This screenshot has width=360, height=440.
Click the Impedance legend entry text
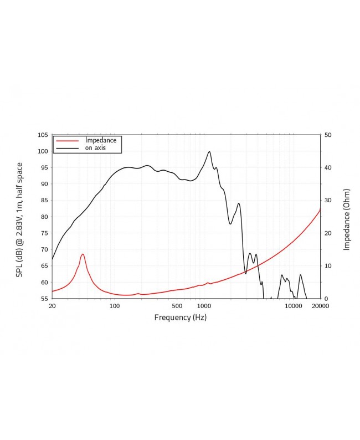click(x=100, y=140)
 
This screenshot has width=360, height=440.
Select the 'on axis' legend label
click(x=95, y=148)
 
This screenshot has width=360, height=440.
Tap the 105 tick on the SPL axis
click(x=43, y=135)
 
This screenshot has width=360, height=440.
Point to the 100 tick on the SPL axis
click(x=43, y=151)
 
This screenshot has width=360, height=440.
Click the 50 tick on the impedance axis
click(x=328, y=135)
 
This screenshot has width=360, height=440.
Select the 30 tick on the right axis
click(x=328, y=201)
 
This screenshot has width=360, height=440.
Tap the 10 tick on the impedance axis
click(x=328, y=266)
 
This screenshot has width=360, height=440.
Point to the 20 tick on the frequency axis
click(x=52, y=306)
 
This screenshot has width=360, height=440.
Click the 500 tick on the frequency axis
click(x=177, y=306)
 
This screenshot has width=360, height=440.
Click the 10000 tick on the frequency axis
click(x=293, y=306)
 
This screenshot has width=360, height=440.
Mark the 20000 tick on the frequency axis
click(x=320, y=306)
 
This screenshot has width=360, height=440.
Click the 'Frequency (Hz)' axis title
click(x=180, y=318)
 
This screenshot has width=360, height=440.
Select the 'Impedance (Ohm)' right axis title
click(x=347, y=219)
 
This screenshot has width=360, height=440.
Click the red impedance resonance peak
click(x=83, y=254)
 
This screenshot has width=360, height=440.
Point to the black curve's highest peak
click(x=209, y=151)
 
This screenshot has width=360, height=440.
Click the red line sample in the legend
click(x=68, y=141)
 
